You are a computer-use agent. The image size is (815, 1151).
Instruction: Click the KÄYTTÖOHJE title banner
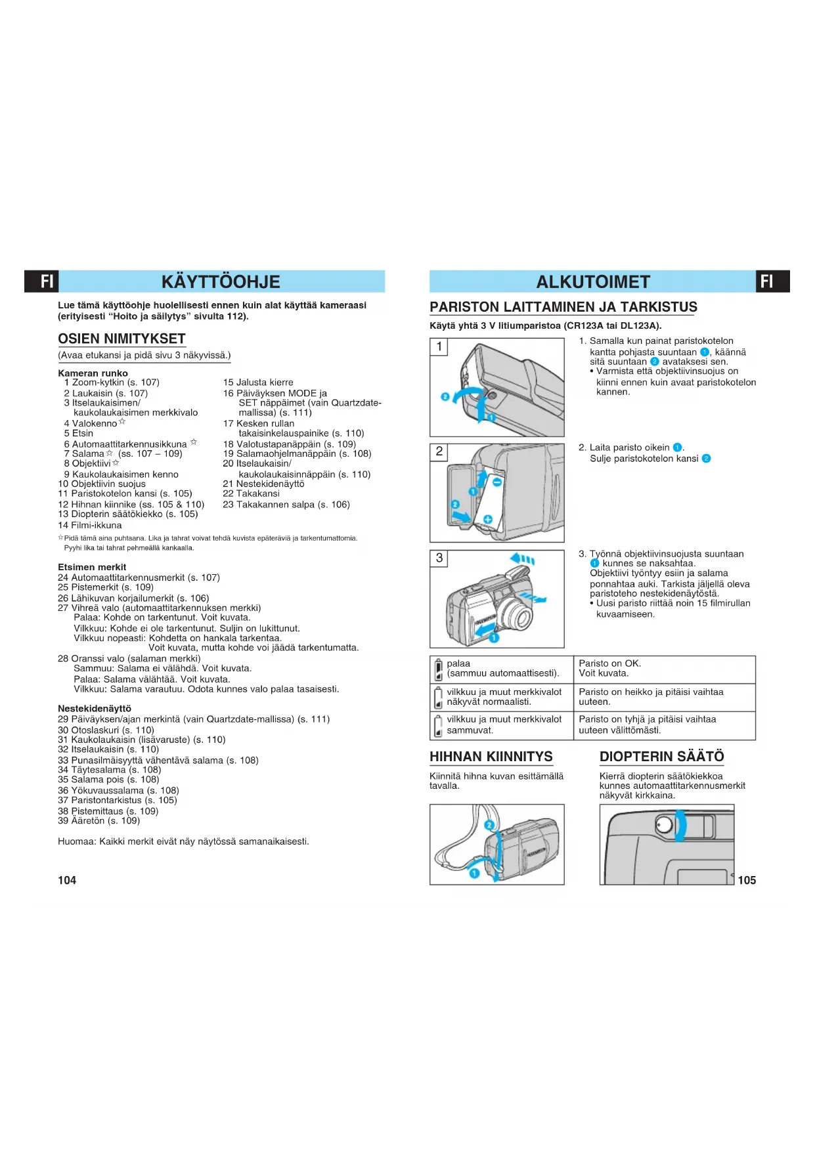[221, 282]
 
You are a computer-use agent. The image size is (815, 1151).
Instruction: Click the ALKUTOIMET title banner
[592, 282]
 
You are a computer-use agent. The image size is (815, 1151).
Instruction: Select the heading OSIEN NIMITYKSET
[121, 339]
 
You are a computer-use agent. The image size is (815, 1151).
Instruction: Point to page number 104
[67, 880]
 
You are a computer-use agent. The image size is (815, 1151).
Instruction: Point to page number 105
[747, 880]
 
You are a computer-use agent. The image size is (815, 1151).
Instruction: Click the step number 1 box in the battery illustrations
[439, 346]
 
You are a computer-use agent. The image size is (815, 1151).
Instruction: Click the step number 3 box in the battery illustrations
[439, 558]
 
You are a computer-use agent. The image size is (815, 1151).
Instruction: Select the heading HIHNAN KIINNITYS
[491, 757]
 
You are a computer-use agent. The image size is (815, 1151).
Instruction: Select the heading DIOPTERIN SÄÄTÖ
[661, 757]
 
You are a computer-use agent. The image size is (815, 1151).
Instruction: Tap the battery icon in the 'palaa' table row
[438, 669]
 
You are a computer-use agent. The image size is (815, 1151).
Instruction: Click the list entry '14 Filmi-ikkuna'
[90, 525]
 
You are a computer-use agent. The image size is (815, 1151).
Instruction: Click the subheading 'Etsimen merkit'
[92, 567]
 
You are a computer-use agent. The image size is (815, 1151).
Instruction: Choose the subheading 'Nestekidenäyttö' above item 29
[95, 709]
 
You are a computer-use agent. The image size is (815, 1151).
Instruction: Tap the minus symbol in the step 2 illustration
[497, 482]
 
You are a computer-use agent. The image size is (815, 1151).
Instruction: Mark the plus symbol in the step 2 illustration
[488, 519]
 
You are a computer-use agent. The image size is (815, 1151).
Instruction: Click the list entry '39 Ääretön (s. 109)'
[99, 821]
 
